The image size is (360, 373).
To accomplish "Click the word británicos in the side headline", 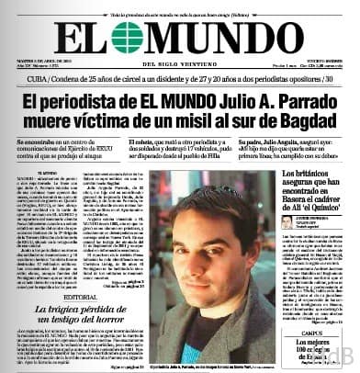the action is tap(319, 174).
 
